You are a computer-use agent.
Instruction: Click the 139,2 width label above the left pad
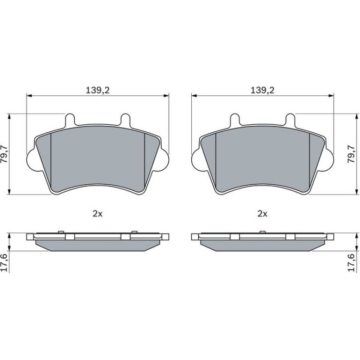click(98, 90)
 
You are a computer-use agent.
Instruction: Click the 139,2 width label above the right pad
click(262, 90)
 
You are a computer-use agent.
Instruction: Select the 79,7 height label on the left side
click(5, 154)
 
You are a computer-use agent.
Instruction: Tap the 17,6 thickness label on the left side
click(5, 262)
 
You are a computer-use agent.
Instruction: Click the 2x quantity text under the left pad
click(97, 214)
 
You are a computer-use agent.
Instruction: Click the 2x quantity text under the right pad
click(262, 214)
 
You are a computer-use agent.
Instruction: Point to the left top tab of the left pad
click(70, 120)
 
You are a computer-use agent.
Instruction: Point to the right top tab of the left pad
click(125, 120)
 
